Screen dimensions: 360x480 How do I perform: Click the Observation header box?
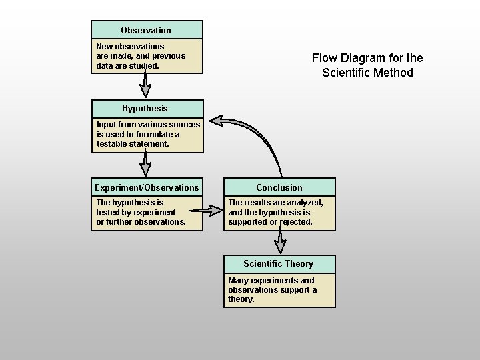[x=147, y=30]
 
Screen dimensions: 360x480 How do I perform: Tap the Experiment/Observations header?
[x=147, y=187]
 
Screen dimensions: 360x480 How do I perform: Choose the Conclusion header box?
[x=279, y=187]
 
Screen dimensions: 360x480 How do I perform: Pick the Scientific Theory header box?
[x=279, y=264]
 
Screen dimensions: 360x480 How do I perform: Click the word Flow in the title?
[x=324, y=58]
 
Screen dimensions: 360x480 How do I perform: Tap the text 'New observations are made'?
[x=130, y=47]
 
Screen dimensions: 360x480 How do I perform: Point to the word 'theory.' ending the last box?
[x=241, y=299]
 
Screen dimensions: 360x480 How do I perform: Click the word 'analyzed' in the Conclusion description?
[x=304, y=203]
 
